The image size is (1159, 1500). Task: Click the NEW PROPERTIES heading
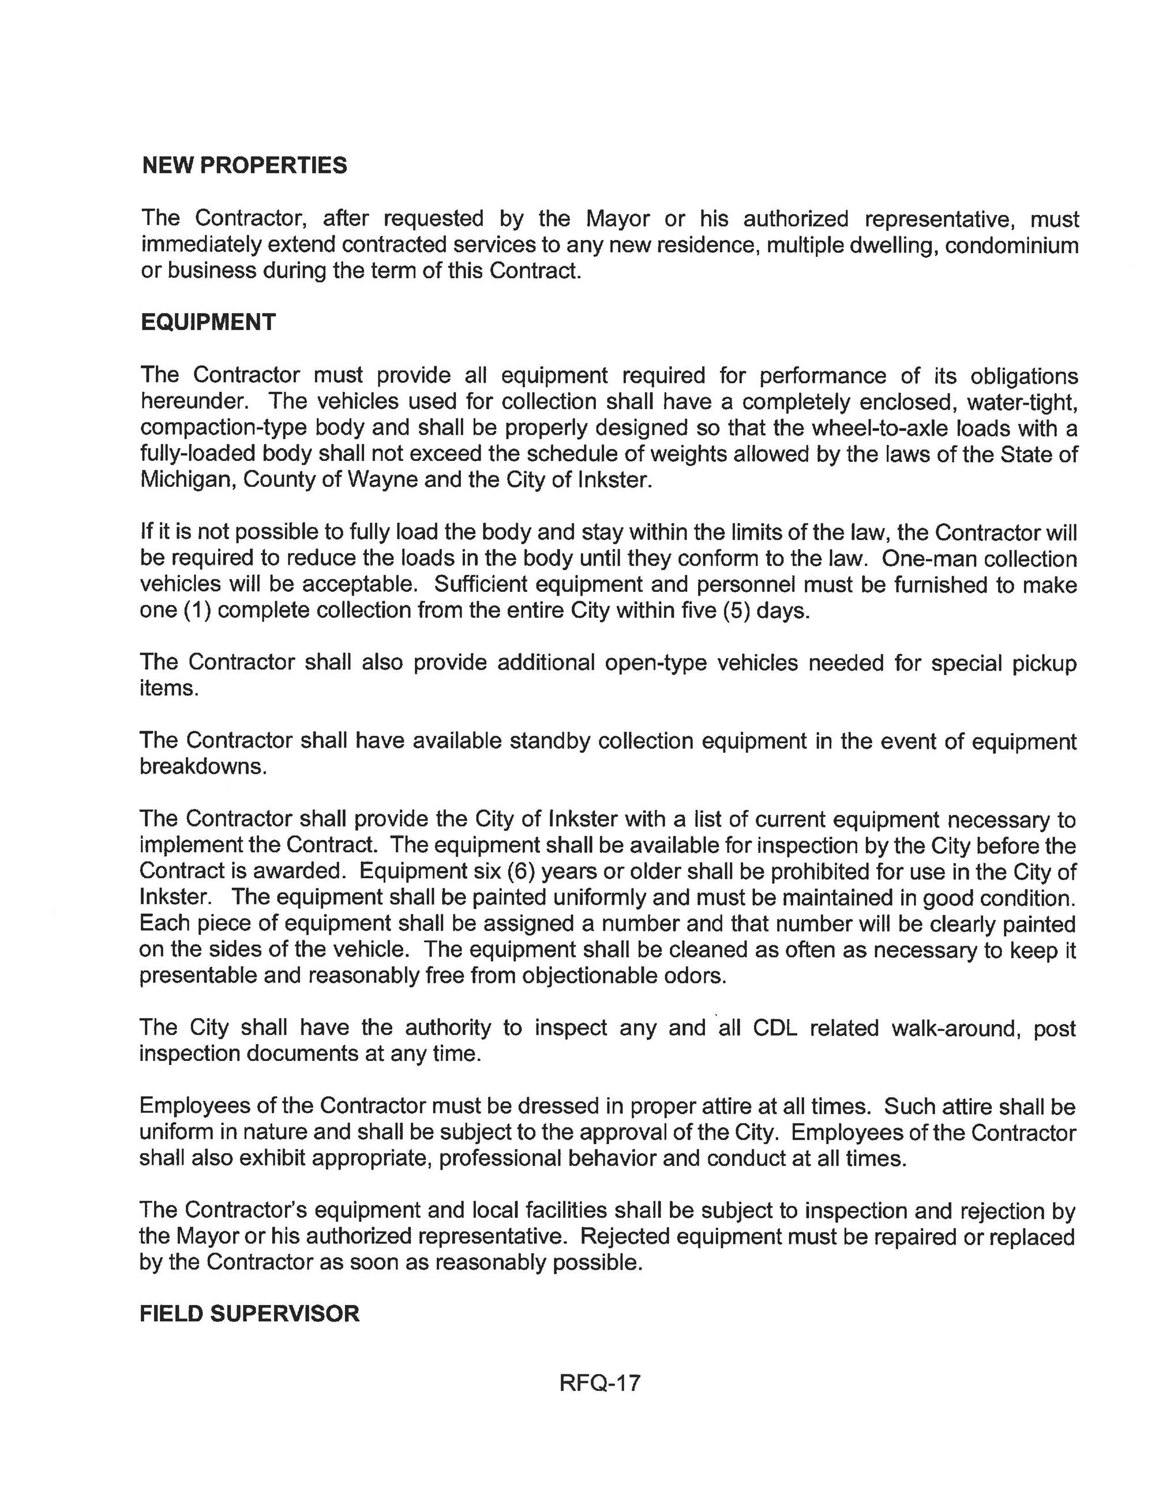click(x=244, y=166)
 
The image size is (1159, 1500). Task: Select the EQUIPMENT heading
click(x=208, y=322)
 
